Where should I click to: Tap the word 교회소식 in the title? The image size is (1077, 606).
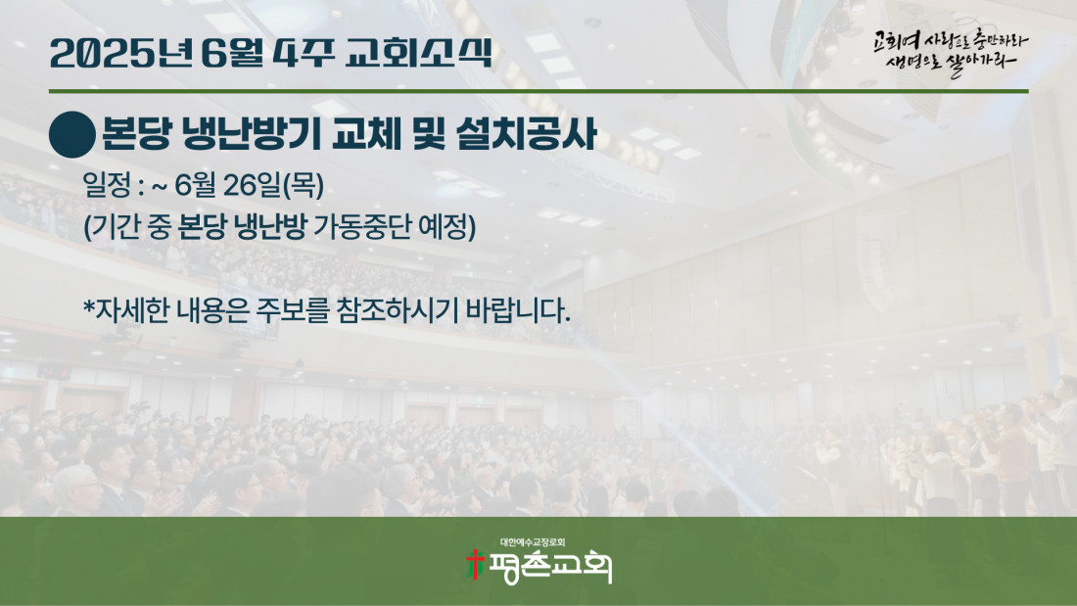tap(418, 53)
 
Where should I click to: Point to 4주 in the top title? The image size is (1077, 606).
tap(304, 53)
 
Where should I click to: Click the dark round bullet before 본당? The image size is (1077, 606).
tap(72, 135)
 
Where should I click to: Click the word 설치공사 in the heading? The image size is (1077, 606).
tap(527, 134)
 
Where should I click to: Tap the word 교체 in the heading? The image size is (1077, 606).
tap(366, 134)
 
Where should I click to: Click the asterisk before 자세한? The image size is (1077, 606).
tap(88, 306)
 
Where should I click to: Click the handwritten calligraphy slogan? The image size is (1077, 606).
tap(951, 52)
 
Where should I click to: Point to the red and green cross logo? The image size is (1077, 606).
tap(475, 564)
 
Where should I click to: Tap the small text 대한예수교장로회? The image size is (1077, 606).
tap(533, 542)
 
